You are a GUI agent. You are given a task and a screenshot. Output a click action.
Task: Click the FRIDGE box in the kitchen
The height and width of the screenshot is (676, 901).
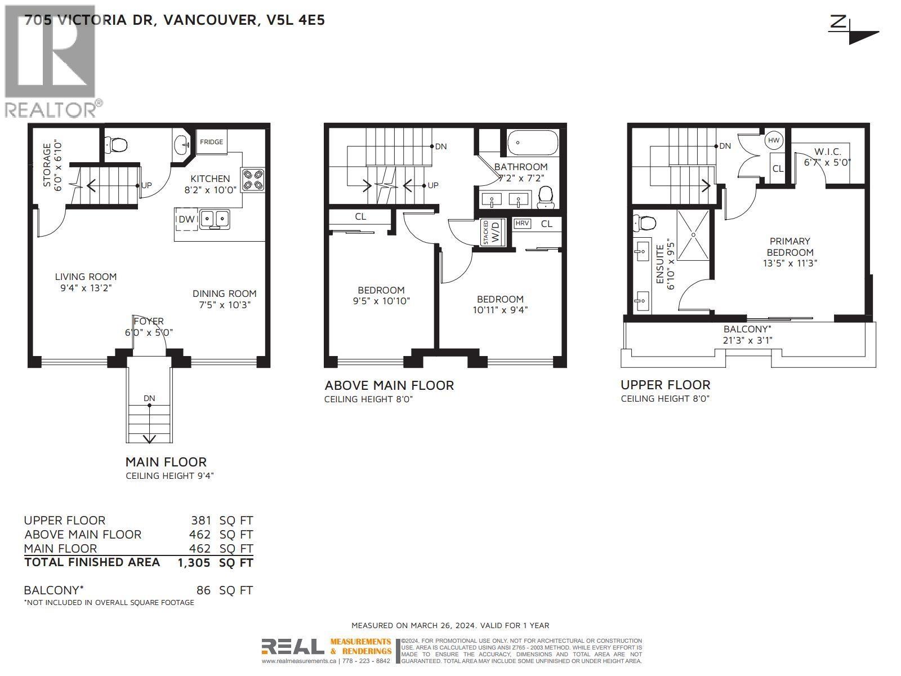tap(211, 142)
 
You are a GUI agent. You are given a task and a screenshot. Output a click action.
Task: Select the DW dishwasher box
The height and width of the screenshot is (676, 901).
tap(186, 219)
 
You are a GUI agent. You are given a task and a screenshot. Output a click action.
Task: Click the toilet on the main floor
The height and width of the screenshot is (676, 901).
tap(117, 145)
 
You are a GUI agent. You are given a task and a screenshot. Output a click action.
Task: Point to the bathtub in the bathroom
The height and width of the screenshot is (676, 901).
tap(533, 143)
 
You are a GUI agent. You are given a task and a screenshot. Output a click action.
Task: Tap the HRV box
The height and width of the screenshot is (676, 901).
tap(522, 224)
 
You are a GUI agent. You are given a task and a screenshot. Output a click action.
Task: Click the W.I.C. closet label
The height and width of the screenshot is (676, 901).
tap(827, 152)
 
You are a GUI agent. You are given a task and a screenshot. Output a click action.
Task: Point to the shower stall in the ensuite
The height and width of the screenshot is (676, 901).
tap(694, 235)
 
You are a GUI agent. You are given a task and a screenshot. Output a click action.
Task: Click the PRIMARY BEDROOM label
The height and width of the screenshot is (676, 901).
tap(790, 247)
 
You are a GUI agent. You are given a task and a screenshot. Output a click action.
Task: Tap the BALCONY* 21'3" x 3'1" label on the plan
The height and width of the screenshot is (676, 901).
tap(747, 334)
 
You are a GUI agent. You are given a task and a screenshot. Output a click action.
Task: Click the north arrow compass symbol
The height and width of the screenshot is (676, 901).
tap(853, 31)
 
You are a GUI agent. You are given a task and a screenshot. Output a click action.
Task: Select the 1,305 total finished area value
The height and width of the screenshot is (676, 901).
tap(194, 562)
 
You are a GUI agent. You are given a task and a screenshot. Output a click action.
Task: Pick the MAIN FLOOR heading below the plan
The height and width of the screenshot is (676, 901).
tap(166, 462)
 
